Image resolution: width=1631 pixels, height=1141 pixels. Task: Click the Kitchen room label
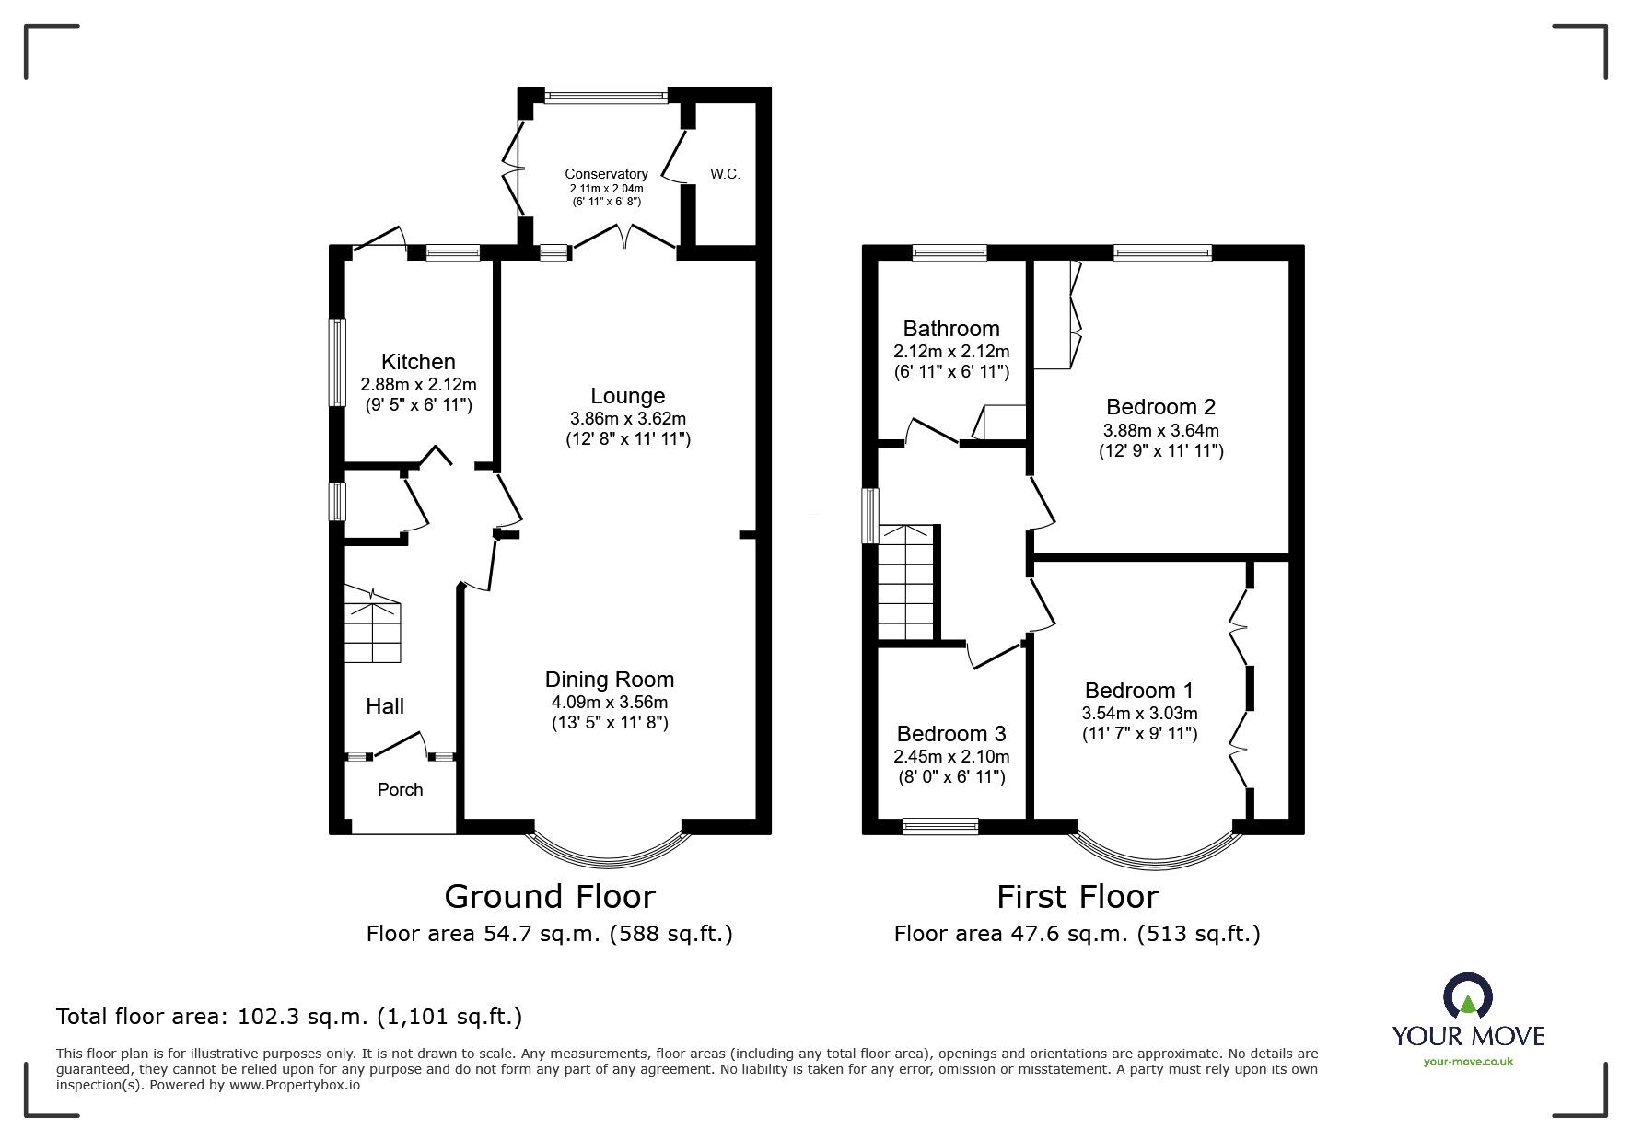click(418, 362)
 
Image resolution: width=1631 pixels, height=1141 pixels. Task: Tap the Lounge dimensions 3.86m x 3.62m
click(627, 418)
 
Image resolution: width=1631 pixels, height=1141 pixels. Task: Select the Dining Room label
click(610, 680)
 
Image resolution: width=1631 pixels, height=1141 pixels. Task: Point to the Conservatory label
click(606, 174)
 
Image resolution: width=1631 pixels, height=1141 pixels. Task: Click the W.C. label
click(725, 174)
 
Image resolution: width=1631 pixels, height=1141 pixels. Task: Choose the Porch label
click(401, 789)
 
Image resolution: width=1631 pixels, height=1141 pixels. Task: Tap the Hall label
click(385, 706)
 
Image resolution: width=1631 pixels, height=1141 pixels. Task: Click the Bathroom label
click(951, 329)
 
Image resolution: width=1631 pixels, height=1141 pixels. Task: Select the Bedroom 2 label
click(1160, 407)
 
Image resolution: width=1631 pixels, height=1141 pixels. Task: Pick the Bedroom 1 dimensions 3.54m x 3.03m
click(1140, 713)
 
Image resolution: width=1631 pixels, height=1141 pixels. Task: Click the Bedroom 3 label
click(951, 734)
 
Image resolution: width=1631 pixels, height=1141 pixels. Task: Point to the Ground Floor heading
click(550, 896)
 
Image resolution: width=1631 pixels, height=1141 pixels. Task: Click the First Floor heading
click(1078, 896)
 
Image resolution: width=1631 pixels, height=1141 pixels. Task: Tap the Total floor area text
click(289, 1017)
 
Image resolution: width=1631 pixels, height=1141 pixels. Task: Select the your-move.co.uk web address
click(1468, 1062)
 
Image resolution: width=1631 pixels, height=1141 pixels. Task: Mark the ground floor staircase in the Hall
click(373, 623)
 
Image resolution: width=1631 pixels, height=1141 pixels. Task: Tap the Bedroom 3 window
click(940, 827)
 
